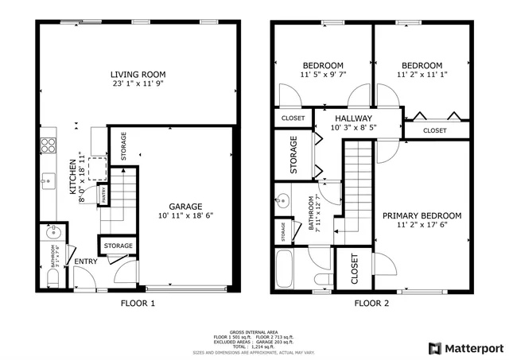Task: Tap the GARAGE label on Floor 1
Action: (x=185, y=206)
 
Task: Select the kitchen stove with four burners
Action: (x=47, y=145)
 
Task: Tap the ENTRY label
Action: (x=85, y=261)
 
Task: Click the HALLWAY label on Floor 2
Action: (x=352, y=118)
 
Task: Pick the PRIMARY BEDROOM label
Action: (x=422, y=215)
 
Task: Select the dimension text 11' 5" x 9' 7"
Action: (x=323, y=75)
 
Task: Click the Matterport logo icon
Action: (x=433, y=347)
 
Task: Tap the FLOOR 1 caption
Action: (x=138, y=303)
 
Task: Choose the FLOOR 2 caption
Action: (x=371, y=303)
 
